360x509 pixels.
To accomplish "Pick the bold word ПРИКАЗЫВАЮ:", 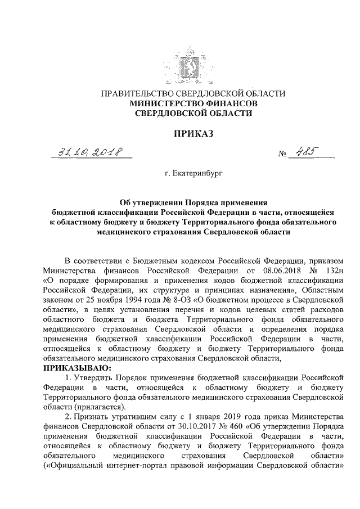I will click(76, 367).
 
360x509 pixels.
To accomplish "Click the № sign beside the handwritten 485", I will click(283, 154).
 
